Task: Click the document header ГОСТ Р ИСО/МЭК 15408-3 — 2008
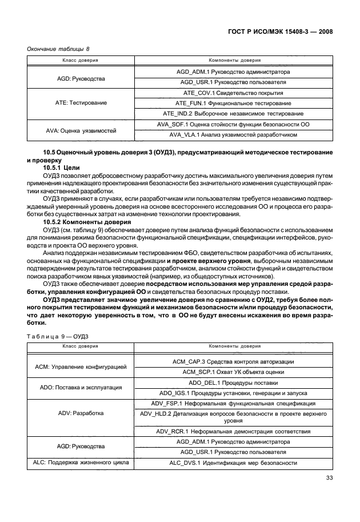coord(282,31)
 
